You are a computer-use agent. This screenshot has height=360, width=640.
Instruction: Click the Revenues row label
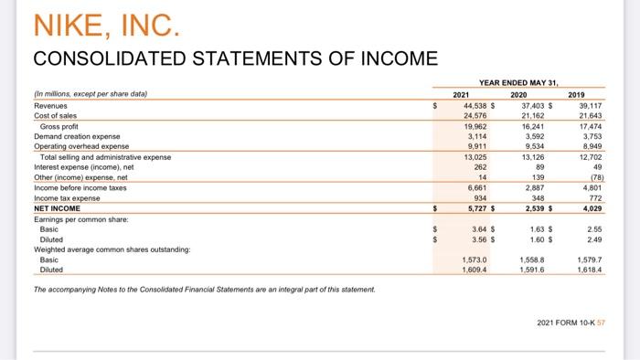(53, 105)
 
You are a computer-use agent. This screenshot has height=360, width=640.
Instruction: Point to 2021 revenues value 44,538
(473, 105)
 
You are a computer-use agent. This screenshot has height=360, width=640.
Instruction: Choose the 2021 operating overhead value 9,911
(475, 146)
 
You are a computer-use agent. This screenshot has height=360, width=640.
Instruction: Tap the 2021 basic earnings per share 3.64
(477, 229)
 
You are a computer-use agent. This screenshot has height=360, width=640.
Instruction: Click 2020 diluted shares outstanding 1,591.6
(532, 270)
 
